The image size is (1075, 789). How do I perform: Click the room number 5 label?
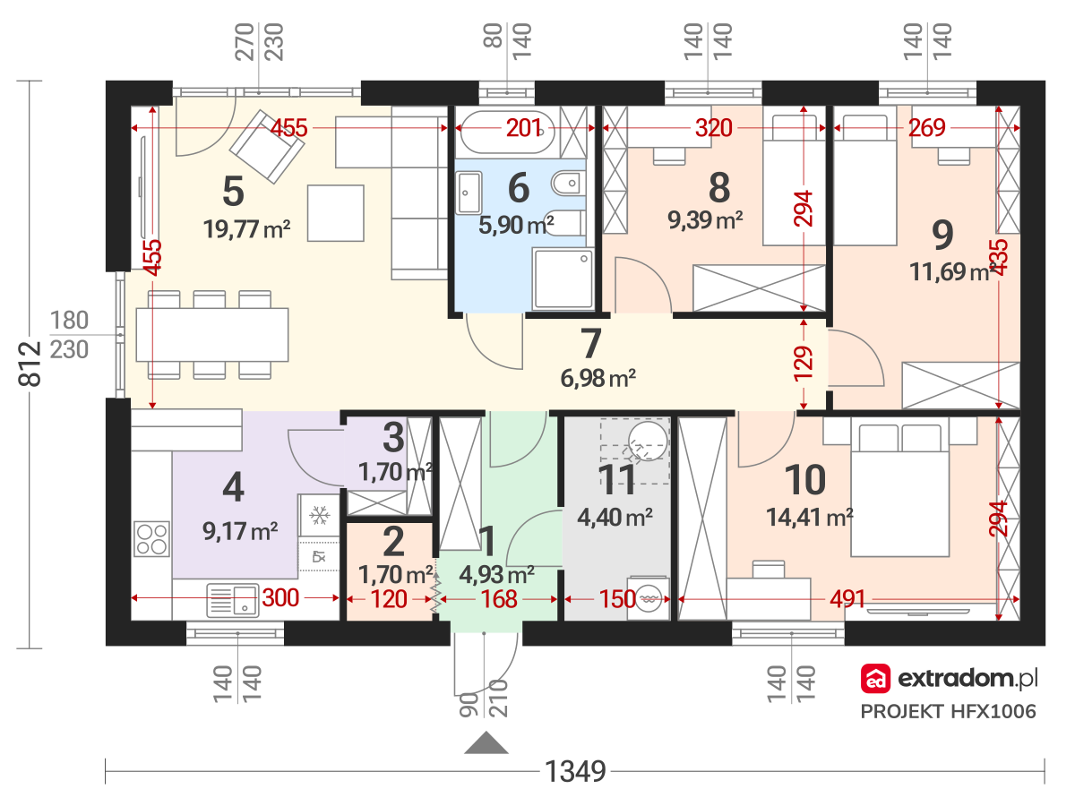232,190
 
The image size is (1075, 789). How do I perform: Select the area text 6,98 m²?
598,380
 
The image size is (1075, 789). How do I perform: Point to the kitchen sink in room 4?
232,597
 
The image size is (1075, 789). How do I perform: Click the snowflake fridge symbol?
320,515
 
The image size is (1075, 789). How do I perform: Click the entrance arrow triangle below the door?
486,743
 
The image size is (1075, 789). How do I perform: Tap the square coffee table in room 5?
335,212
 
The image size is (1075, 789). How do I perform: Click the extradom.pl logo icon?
874,680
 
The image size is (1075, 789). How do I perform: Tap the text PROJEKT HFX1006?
949,712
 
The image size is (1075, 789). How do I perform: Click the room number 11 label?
617,480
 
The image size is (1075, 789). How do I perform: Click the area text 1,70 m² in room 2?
395,572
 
